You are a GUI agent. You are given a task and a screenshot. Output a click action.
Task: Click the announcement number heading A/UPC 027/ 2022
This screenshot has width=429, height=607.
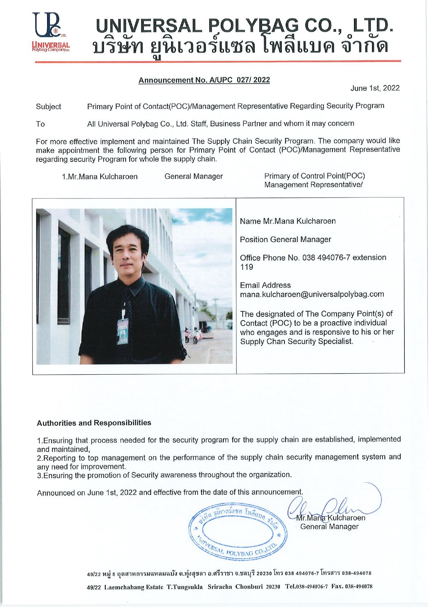204,80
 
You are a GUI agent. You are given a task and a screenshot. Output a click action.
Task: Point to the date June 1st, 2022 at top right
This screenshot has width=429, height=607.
375,88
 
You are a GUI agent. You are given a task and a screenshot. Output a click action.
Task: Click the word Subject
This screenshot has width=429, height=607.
48,107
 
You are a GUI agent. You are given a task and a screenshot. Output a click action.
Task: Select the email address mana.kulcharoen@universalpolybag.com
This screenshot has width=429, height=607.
312,294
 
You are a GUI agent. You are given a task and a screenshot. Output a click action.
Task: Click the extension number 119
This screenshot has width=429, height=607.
246,267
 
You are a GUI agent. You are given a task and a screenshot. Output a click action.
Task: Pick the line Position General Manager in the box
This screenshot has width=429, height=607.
285,239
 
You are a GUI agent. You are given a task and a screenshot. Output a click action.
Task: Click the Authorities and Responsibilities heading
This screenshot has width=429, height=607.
94,423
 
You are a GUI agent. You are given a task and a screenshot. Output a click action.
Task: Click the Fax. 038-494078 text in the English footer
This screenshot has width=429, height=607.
352,587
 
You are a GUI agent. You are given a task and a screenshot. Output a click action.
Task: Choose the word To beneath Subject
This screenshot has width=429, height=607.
40,124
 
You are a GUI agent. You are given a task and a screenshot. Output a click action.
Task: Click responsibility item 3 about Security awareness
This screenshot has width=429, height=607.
164,475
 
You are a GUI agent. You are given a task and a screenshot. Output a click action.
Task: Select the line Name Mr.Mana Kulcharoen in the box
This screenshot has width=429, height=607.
288,221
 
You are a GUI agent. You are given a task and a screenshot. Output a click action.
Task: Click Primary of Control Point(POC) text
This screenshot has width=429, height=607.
315,176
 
